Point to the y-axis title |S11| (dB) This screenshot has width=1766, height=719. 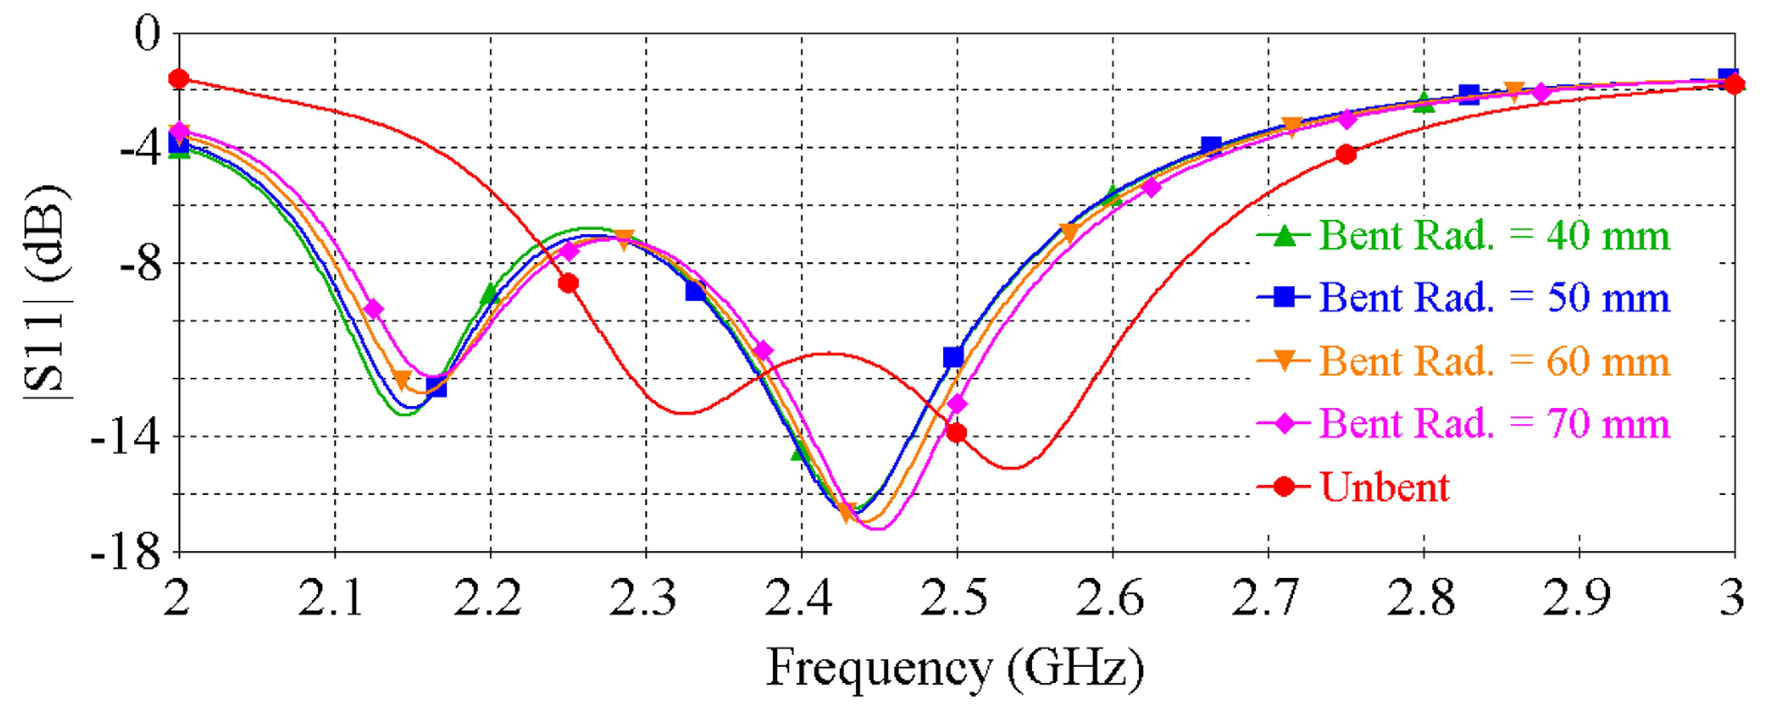click(x=47, y=293)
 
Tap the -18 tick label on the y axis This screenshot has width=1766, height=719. click(x=126, y=553)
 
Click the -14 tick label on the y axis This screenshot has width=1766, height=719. click(x=126, y=438)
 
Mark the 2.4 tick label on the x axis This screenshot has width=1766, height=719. click(x=800, y=598)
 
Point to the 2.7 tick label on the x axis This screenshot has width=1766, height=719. click(x=1267, y=598)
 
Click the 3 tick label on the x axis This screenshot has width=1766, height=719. click(x=1731, y=598)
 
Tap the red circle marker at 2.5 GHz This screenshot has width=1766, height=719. click(x=956, y=433)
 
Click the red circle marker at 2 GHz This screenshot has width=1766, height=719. click(x=179, y=78)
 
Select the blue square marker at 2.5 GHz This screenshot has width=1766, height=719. click(x=953, y=357)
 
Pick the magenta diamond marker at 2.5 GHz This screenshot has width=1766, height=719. click(x=957, y=404)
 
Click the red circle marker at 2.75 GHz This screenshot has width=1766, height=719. click(x=1346, y=154)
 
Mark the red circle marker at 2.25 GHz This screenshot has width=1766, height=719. click(x=568, y=283)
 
